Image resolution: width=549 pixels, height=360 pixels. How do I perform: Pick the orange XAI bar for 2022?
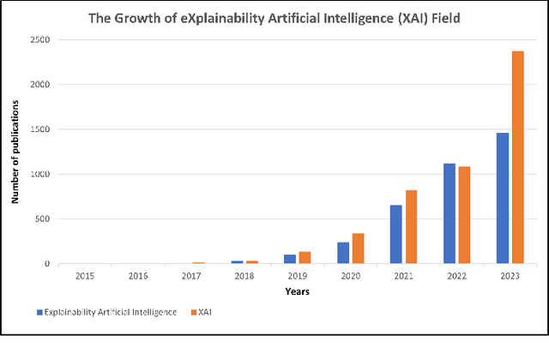(465, 215)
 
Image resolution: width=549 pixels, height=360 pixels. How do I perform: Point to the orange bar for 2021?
(411, 227)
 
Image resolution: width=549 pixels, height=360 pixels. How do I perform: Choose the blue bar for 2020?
(342, 253)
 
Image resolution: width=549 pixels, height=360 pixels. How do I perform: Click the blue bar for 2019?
(289, 259)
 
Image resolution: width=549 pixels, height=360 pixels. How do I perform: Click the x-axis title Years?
(298, 291)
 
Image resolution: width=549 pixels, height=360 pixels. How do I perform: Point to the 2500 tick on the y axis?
(39, 40)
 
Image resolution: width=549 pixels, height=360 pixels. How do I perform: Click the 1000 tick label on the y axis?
(39, 175)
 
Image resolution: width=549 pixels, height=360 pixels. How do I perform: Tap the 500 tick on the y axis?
(41, 219)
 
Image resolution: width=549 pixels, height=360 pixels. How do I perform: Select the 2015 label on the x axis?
(84, 276)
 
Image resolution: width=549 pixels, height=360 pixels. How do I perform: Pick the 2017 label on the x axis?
(190, 276)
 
